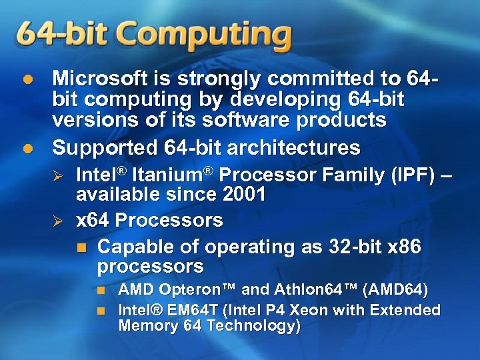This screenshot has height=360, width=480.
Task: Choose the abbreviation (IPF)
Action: point(408,175)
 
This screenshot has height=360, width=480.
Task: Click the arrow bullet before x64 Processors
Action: point(57,221)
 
